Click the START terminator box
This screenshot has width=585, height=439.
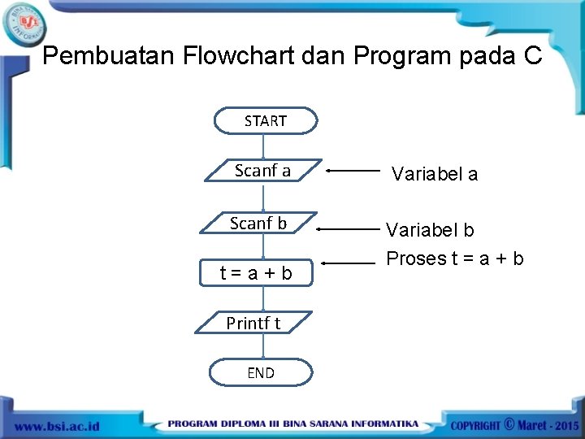pyautogui.click(x=265, y=120)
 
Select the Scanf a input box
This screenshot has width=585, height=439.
pyautogui.click(x=262, y=171)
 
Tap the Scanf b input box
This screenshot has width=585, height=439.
pyautogui.click(x=258, y=223)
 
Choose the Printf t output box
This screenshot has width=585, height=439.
pyautogui.click(x=253, y=323)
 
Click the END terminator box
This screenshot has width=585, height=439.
pyautogui.click(x=261, y=372)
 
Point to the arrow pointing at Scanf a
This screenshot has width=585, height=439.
pyautogui.click(x=353, y=172)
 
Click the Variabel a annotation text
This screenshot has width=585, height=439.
pyautogui.click(x=435, y=173)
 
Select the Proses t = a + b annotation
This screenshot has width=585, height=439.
pyautogui.click(x=454, y=259)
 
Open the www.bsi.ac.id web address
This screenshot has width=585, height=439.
pyautogui.click(x=56, y=425)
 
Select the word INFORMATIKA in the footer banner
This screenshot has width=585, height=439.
pyautogui.click(x=381, y=424)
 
